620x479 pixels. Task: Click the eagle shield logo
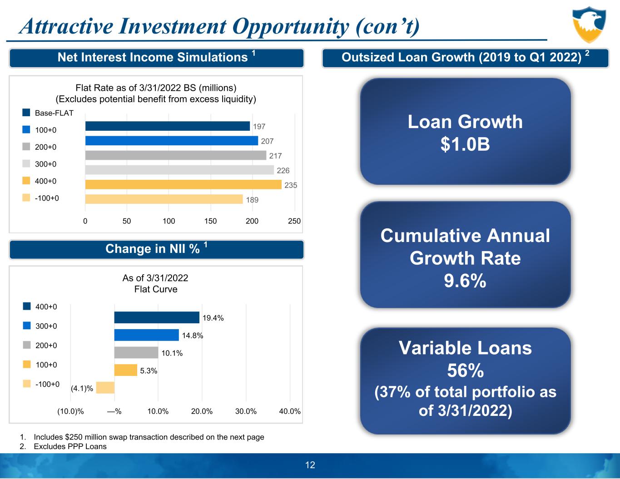590,25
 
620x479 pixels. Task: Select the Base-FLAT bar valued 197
167,126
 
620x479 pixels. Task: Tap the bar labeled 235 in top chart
183,185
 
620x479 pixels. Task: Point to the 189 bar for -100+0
164,199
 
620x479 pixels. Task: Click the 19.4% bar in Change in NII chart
157,317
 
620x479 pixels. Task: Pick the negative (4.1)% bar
105,388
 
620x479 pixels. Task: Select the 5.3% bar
125,370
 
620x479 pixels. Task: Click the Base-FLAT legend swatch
26,113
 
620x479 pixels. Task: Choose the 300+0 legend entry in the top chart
45,164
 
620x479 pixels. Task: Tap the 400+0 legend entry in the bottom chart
46,307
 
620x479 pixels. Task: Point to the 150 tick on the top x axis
210,221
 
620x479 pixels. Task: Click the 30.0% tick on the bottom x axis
246,411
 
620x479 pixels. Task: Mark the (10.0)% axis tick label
70,411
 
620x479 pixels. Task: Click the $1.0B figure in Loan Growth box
465,144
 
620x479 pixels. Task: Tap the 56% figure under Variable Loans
465,371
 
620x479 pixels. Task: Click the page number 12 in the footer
310,465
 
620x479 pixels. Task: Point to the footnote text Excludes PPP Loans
70,446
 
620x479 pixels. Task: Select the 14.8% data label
193,336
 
